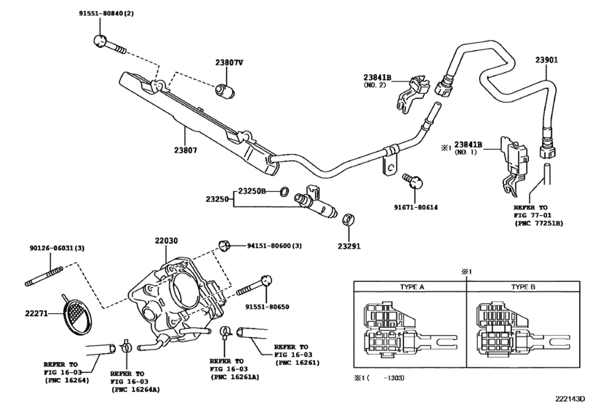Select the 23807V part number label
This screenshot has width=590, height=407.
228,63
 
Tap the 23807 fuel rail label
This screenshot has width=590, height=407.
187,151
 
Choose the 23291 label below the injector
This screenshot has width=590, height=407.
348,245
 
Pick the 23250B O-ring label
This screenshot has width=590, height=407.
255,191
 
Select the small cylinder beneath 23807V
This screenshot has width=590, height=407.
224,92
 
